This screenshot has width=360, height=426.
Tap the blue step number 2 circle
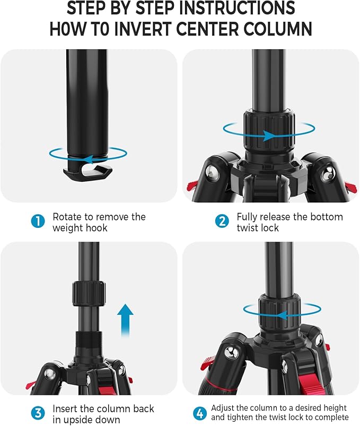[x=221, y=222]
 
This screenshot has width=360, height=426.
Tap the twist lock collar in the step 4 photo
[x=279, y=311]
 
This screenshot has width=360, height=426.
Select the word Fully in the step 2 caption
[x=248, y=217]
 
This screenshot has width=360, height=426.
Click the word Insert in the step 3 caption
[x=66, y=409]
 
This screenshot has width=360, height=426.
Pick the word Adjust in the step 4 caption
[x=224, y=408]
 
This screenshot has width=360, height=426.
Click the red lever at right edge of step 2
[x=350, y=187]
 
